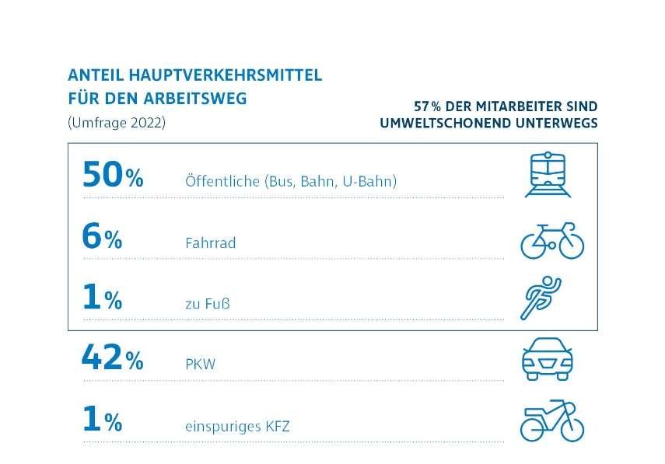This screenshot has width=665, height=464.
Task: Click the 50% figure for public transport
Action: (x=113, y=176)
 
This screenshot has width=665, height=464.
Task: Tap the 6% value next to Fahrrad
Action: (x=102, y=238)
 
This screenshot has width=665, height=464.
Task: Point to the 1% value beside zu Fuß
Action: (x=102, y=298)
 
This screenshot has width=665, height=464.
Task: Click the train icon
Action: (x=547, y=174)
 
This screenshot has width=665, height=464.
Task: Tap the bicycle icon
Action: (x=551, y=239)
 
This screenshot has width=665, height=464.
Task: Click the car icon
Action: (x=546, y=359)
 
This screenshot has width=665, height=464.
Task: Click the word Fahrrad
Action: (x=211, y=243)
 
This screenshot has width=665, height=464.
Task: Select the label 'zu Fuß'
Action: (x=207, y=304)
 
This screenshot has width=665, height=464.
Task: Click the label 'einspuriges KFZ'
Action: (x=238, y=425)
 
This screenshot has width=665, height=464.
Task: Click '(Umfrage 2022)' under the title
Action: (x=117, y=123)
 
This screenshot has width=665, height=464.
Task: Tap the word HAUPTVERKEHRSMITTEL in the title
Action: (x=229, y=76)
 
